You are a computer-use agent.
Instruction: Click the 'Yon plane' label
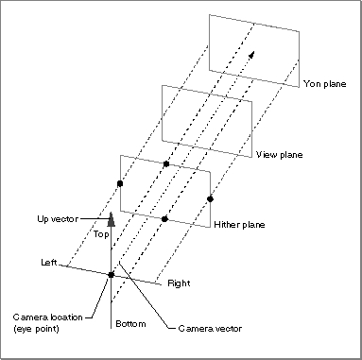(x=324, y=84)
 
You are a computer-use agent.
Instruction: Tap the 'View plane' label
(x=280, y=155)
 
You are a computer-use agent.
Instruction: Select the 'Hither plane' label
(x=239, y=225)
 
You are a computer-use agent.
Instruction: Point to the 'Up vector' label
(x=58, y=219)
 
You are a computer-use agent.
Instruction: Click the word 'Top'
(x=101, y=234)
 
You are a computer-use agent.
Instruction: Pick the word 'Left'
(x=49, y=262)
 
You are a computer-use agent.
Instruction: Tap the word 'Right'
(x=179, y=283)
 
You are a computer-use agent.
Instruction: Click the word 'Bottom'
(x=130, y=323)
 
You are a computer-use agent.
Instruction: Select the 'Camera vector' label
(x=210, y=329)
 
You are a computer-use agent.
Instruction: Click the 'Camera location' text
(x=48, y=317)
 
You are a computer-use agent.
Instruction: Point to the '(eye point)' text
(x=36, y=329)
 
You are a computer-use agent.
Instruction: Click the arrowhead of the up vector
(x=111, y=219)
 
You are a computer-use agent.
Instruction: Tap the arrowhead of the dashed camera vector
(x=251, y=55)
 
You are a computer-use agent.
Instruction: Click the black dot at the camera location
(x=111, y=275)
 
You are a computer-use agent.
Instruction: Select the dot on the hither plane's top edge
(x=166, y=163)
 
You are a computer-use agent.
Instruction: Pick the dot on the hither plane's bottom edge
(x=164, y=219)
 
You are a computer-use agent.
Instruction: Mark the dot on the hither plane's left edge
(x=120, y=183)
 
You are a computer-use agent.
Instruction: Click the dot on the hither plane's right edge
(x=210, y=199)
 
